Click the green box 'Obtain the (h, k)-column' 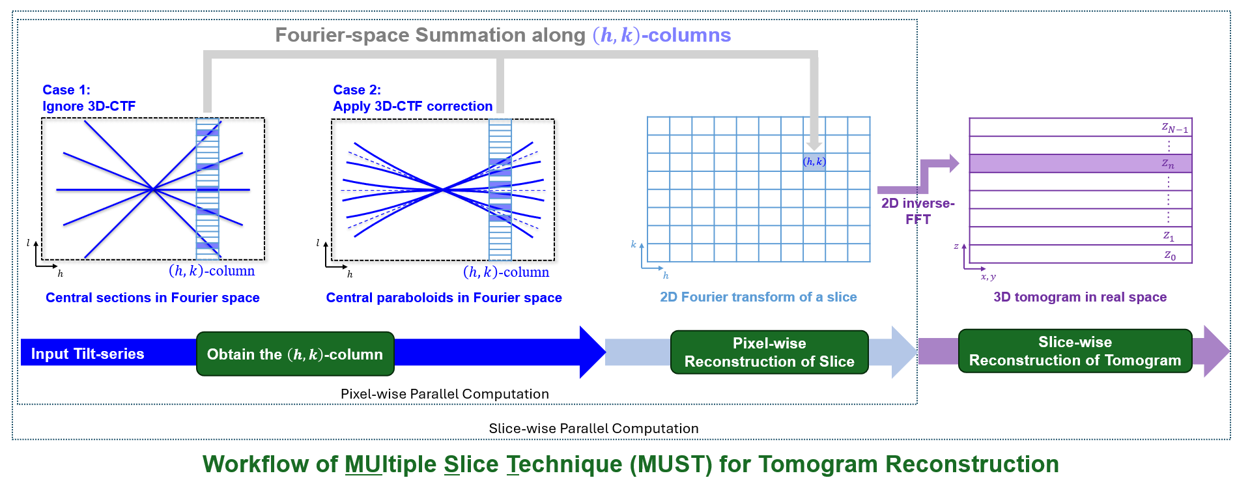click(x=295, y=354)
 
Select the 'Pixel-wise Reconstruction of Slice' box click(x=769, y=352)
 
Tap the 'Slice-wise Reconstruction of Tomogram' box click(x=1075, y=351)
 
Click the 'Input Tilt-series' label click(x=88, y=354)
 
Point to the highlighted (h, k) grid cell click(x=814, y=162)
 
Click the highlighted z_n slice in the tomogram click(x=1080, y=163)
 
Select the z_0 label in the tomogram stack click(x=1170, y=255)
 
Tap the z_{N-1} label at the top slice click(x=1174, y=128)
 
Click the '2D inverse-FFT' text click(x=918, y=211)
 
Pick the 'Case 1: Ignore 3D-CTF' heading click(x=89, y=98)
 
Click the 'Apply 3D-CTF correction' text click(x=412, y=106)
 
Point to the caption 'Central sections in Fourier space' click(x=152, y=298)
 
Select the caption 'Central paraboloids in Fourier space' click(x=444, y=298)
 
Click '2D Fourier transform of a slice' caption click(x=758, y=297)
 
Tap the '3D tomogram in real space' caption click(x=1080, y=297)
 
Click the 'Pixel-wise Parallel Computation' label click(x=445, y=394)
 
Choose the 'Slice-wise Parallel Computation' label click(x=593, y=429)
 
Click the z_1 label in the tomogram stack click(x=1169, y=236)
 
